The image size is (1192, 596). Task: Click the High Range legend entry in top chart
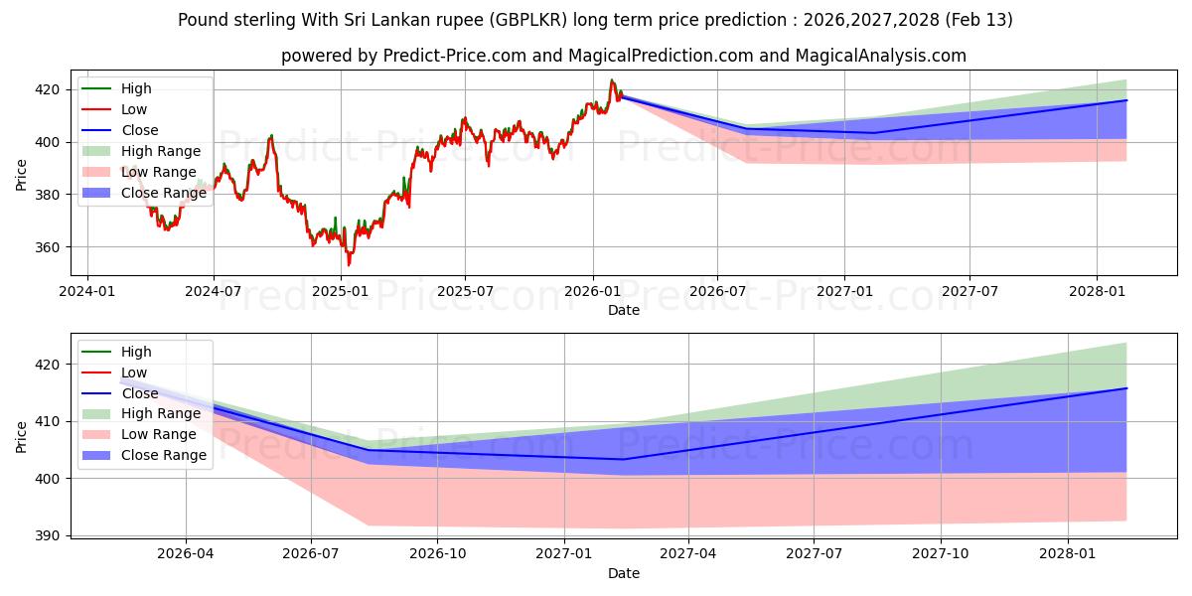[160, 151]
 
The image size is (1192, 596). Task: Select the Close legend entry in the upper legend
[139, 130]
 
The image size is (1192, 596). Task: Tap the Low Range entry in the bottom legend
[159, 434]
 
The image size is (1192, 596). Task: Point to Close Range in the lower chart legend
[163, 455]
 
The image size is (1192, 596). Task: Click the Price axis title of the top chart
[22, 174]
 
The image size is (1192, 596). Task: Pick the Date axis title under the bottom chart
[624, 573]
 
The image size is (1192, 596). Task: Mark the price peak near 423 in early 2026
[612, 80]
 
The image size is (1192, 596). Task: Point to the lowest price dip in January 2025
[349, 265]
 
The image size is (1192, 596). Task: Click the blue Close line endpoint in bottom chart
[1126, 388]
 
